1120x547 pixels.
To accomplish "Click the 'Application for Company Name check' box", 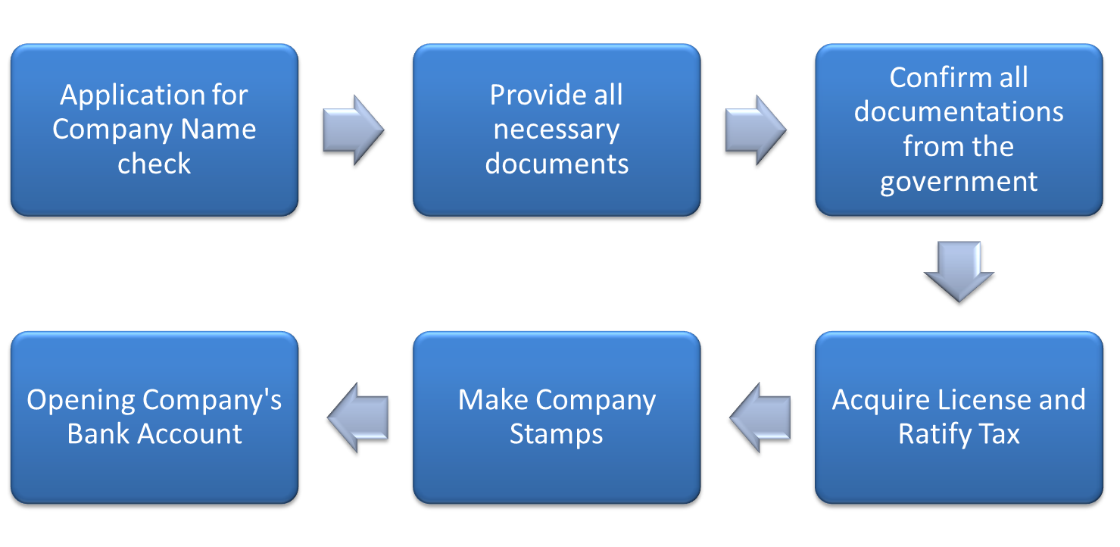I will (x=154, y=130).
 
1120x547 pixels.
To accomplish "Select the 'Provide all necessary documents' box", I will (x=556, y=130).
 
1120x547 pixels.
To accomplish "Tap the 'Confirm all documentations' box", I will (x=958, y=130).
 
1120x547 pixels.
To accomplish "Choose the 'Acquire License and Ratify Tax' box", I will (x=958, y=417).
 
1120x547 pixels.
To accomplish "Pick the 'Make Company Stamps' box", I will (x=556, y=417).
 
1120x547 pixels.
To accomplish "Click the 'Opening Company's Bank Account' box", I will (x=154, y=417).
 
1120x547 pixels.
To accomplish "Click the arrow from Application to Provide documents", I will (x=353, y=130).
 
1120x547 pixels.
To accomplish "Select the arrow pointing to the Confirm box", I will (x=755, y=130).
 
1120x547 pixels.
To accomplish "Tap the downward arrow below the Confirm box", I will (x=959, y=270).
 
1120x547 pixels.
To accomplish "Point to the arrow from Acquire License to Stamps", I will (x=760, y=417).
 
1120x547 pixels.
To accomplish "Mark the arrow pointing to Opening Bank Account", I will (x=357, y=417).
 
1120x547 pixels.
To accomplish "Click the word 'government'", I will (x=959, y=182).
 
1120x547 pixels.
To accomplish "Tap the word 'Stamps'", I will (x=556, y=434).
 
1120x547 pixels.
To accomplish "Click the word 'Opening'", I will (x=81, y=400).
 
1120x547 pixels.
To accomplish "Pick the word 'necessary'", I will (x=556, y=130).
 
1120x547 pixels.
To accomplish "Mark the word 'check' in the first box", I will (x=154, y=164).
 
